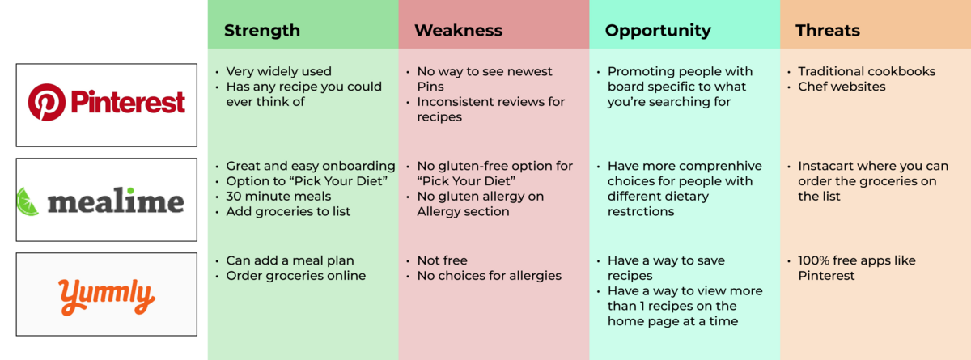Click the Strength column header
(x=262, y=30)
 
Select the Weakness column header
(x=458, y=30)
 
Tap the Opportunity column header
(x=658, y=31)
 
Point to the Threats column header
(x=828, y=30)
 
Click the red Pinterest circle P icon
(x=47, y=102)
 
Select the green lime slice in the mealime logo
(x=28, y=202)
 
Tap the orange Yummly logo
(x=106, y=296)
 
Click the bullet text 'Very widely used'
(x=278, y=71)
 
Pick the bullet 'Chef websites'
(x=842, y=87)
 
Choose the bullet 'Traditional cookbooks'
(x=867, y=71)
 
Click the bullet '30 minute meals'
(x=278, y=197)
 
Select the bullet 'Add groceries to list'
(x=288, y=212)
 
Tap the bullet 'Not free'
(x=442, y=260)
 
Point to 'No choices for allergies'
(x=489, y=276)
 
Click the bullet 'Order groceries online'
(x=295, y=276)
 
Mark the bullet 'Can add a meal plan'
(x=290, y=260)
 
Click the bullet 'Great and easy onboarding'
(x=311, y=167)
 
